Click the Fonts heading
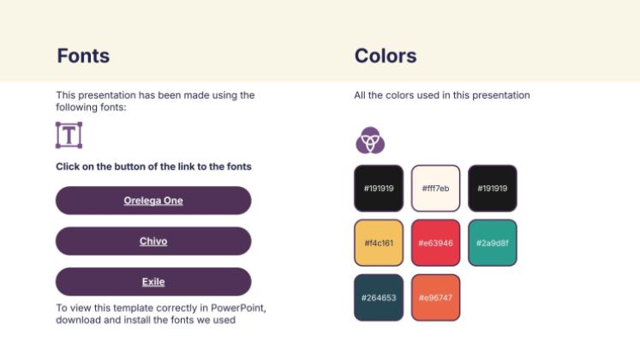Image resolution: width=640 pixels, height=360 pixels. (x=83, y=57)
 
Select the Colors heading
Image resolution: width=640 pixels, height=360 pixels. (x=386, y=57)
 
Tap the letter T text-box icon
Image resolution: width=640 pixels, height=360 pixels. (x=69, y=135)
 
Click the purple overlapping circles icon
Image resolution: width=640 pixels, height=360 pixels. (x=369, y=139)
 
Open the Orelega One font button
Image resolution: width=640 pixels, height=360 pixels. (x=153, y=201)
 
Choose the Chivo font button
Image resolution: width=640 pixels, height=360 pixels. (x=153, y=241)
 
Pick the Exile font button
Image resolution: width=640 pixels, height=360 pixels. (x=153, y=281)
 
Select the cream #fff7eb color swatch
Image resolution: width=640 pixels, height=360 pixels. (x=435, y=188)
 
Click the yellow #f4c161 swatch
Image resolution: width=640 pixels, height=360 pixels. (x=378, y=243)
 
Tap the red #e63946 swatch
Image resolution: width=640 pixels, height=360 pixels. (x=435, y=243)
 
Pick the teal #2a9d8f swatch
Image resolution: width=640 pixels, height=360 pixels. (x=492, y=243)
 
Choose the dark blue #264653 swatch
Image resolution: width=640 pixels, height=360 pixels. (x=378, y=297)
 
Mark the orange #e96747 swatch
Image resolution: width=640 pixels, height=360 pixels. (x=435, y=297)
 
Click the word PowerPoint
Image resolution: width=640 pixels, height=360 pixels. (x=243, y=308)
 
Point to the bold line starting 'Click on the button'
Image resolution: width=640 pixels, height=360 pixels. (x=153, y=166)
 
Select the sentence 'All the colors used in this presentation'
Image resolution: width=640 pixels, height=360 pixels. (x=442, y=95)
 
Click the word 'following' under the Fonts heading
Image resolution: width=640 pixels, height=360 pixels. (x=78, y=107)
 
